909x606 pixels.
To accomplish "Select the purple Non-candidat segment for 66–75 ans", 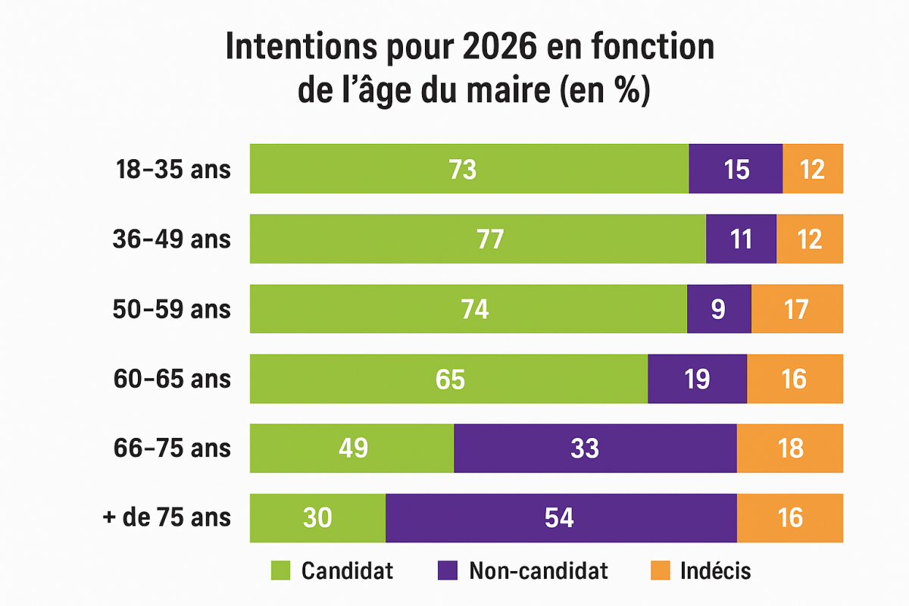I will [595, 448].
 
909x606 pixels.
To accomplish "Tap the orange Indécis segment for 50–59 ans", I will [797, 309].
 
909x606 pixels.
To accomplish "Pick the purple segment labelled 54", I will [561, 518].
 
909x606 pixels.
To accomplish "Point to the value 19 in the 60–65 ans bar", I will [697, 379].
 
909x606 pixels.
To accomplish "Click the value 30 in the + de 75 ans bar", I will [318, 518].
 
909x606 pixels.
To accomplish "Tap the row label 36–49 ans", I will [173, 239].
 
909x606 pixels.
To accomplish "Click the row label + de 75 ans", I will [167, 518].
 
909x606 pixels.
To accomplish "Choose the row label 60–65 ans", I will [173, 379].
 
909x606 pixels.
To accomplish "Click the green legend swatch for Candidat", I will [281, 570].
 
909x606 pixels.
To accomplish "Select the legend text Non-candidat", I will [538, 570].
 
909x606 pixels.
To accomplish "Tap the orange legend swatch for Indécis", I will [660, 570].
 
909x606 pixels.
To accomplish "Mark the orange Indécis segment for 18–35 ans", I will [813, 169].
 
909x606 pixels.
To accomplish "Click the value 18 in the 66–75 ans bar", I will [790, 448].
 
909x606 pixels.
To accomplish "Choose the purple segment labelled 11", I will [741, 239].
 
